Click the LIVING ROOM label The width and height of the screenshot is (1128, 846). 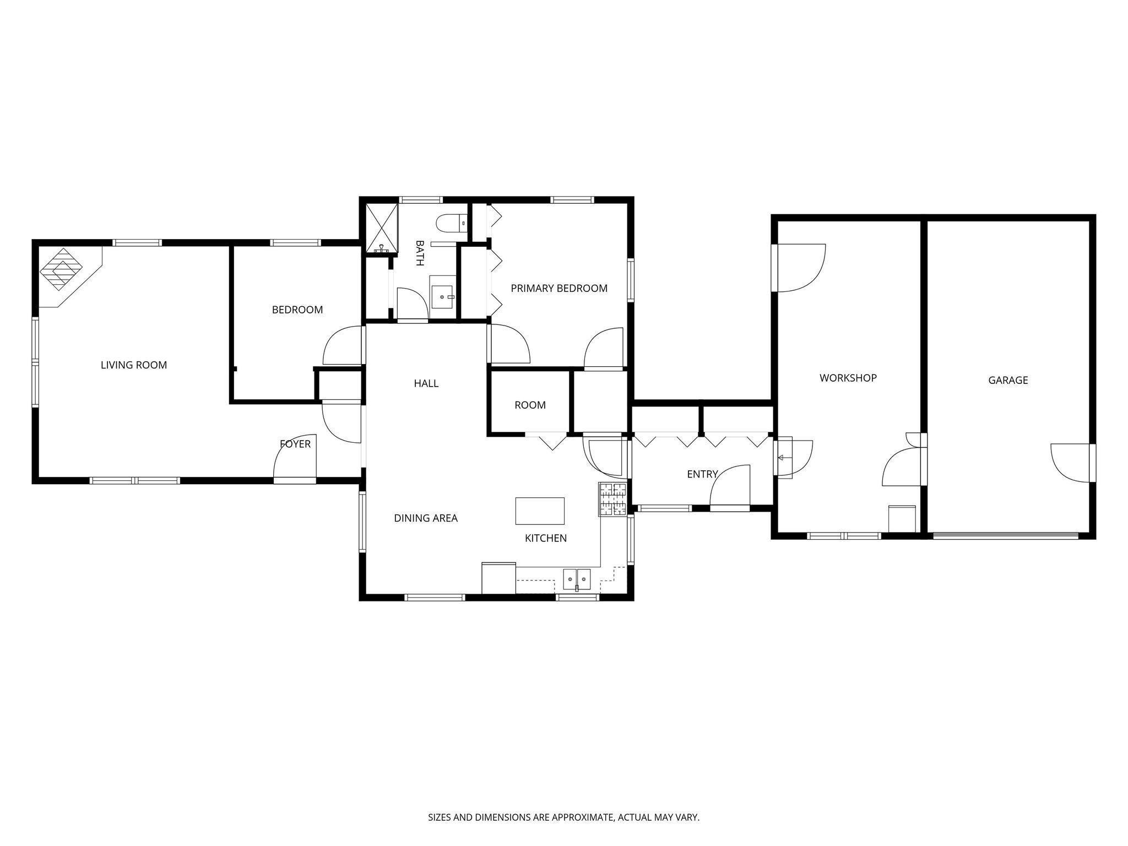(134, 365)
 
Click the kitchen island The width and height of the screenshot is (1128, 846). (540, 511)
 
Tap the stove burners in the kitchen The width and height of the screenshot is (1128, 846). (613, 498)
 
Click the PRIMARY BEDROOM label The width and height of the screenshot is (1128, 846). (559, 288)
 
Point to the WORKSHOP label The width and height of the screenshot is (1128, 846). (848, 378)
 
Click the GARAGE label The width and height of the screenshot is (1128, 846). (1008, 380)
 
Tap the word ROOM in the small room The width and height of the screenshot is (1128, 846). (530, 405)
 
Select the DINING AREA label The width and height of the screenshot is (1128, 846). (426, 518)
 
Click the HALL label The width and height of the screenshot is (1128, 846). (426, 383)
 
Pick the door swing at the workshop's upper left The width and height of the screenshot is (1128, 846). (800, 268)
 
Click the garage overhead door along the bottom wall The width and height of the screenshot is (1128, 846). (1006, 534)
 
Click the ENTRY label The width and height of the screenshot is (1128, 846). (702, 474)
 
